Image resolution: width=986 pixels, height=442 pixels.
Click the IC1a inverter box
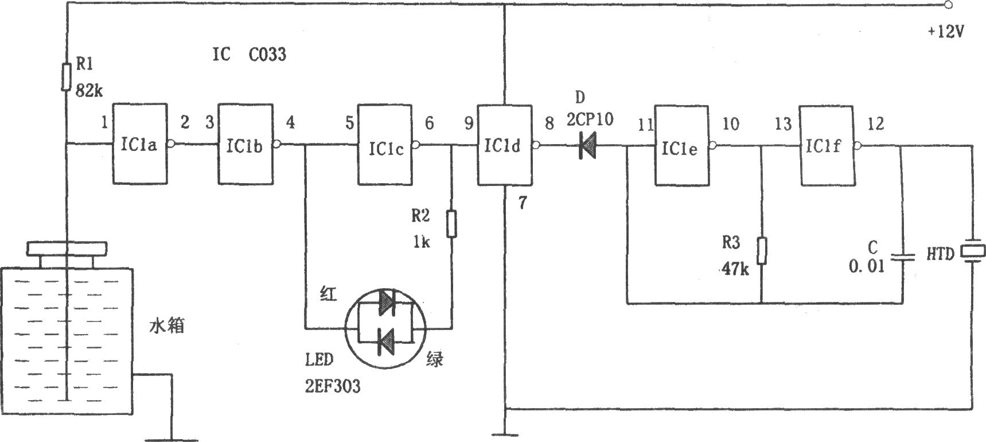pyautogui.click(x=140, y=144)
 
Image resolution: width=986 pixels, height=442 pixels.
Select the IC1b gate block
pyautogui.click(x=245, y=144)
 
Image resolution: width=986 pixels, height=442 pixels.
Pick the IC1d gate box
pyautogui.click(x=504, y=145)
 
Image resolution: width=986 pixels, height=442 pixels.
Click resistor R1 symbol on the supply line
pyautogui.click(x=67, y=77)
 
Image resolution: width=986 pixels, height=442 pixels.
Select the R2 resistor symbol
pyautogui.click(x=452, y=224)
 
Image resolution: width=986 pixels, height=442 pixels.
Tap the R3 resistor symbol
pyautogui.click(x=761, y=250)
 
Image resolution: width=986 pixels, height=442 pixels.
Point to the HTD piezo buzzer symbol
pyautogui.click(x=973, y=251)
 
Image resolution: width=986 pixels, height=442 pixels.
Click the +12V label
pyautogui.click(x=946, y=32)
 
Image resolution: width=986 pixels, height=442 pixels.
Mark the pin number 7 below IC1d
pyautogui.click(x=521, y=203)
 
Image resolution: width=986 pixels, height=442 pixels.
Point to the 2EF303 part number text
pyautogui.click(x=333, y=386)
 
